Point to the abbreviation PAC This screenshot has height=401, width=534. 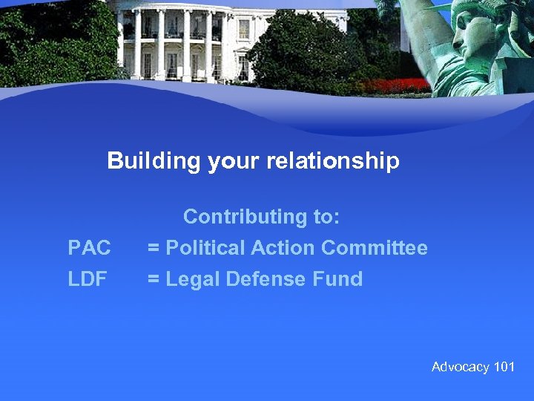coord(89,248)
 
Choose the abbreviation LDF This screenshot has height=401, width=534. coord(88,280)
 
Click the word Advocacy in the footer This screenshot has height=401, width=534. coord(461,367)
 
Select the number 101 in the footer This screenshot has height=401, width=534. coord(504,367)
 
